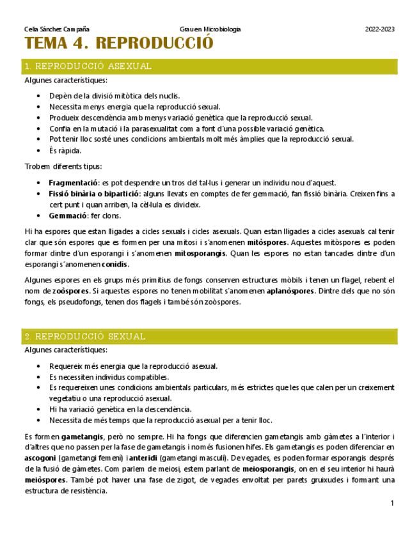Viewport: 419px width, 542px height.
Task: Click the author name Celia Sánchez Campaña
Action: pos(56,29)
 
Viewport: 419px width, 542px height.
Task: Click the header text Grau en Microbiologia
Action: pos(210,29)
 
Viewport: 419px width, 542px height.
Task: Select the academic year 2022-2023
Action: pos(379,29)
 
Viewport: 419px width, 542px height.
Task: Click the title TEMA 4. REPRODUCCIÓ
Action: pos(118,44)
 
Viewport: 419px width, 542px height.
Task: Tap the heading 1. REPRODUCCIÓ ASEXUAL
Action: pos(88,66)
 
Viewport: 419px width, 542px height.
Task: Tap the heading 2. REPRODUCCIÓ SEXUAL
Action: pos(84,336)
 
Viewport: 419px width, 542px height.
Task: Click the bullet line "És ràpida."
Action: pos(65,151)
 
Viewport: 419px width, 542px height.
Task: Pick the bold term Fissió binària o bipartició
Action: pos(93,194)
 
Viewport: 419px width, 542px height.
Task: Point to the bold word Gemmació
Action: pos(68,215)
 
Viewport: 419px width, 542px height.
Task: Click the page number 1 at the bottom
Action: pos(391,504)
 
